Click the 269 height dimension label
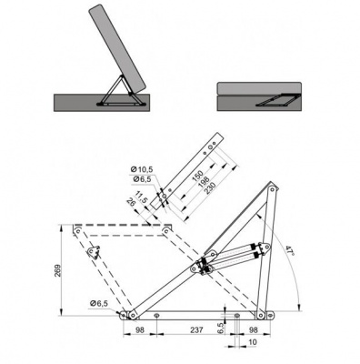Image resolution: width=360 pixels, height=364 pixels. [x=58, y=270]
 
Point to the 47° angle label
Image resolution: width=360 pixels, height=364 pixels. [x=290, y=251]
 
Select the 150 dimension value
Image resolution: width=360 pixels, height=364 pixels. [x=198, y=176]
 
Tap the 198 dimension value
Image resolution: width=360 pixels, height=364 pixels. [x=205, y=180]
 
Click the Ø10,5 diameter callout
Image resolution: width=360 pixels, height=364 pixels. [x=142, y=169]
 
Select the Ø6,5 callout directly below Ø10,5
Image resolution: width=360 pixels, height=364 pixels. [x=142, y=179]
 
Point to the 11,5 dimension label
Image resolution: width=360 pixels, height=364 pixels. [x=142, y=197]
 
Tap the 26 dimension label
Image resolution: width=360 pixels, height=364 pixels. [x=132, y=202]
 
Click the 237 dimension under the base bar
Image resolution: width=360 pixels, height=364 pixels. [x=197, y=329]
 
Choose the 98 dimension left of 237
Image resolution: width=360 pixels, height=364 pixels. [x=140, y=329]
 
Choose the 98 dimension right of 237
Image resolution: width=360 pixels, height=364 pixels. [x=253, y=329]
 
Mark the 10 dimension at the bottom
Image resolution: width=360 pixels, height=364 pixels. [x=253, y=342]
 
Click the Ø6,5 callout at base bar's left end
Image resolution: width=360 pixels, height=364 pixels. [x=99, y=303]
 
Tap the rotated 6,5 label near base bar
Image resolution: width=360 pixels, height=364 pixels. [x=221, y=329]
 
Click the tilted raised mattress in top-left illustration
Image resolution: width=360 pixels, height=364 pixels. [x=118, y=48]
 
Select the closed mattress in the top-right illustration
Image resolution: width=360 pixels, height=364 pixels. [x=259, y=88]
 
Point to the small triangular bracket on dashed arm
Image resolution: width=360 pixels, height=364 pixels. [x=95, y=252]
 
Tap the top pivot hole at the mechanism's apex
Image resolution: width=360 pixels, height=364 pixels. [x=272, y=189]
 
